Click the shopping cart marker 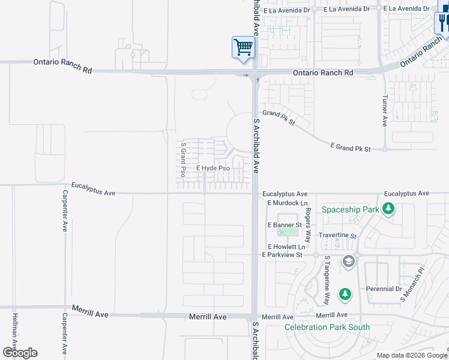coord(243,47)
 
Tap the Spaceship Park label coord(351,209)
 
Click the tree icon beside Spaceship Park coord(389,209)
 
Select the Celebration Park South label coord(327,328)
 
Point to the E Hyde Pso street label coord(213,169)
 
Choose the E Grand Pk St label coord(351,146)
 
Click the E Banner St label coord(284,225)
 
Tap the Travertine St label coord(337,236)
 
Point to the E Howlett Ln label coord(287,247)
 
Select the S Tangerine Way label coord(327,280)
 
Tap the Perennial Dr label coord(384,289)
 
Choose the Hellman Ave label coord(13,331)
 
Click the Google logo coord(19,352)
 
